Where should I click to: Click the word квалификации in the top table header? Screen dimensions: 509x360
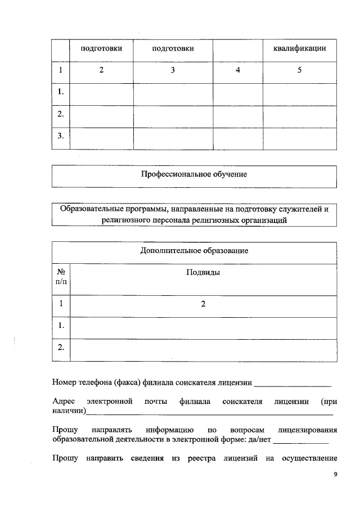point(299,49)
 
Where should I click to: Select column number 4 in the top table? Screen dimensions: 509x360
point(238,70)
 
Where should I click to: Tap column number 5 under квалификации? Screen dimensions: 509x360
point(299,70)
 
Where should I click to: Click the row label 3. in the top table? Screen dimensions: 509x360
point(60,136)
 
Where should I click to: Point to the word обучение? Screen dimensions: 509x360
point(228,174)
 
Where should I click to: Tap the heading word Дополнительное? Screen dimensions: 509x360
point(169,250)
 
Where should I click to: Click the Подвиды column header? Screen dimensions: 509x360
point(202,272)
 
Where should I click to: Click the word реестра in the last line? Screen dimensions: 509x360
point(208,459)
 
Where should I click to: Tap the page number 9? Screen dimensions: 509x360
point(335,475)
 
